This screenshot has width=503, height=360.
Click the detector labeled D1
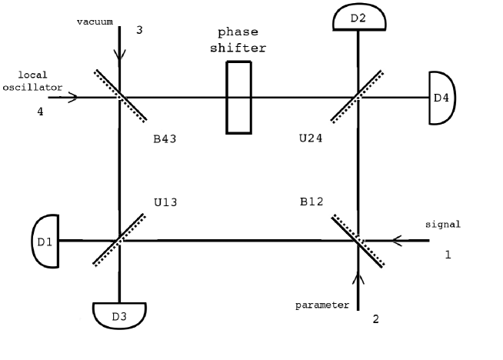(x=45, y=242)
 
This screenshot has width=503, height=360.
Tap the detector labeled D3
(x=118, y=315)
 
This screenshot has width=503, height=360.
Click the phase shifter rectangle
(x=238, y=98)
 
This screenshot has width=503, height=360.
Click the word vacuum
(x=95, y=21)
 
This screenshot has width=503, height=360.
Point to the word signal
(x=443, y=225)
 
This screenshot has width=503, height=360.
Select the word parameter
(x=323, y=305)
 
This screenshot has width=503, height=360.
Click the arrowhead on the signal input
(x=396, y=241)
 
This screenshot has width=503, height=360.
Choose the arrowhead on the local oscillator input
(x=73, y=98)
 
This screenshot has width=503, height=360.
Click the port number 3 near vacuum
(x=139, y=30)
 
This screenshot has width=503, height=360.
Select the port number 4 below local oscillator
(x=40, y=112)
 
